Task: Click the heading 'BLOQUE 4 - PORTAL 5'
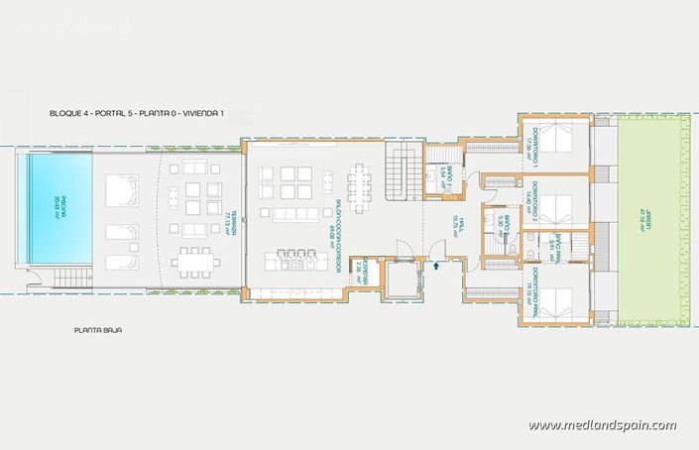click(x=137, y=114)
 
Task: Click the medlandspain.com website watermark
click(x=602, y=425)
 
